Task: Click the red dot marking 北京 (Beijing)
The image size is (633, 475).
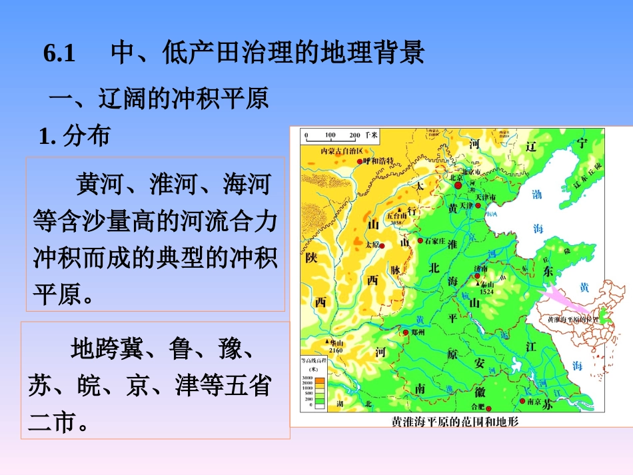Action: pyautogui.click(x=458, y=186)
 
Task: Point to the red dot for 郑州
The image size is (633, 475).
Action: pyautogui.click(x=404, y=331)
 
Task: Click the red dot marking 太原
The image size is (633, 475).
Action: pyautogui.click(x=382, y=244)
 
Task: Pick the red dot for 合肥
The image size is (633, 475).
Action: pyautogui.click(x=488, y=408)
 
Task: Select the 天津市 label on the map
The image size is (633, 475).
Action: pyautogui.click(x=486, y=198)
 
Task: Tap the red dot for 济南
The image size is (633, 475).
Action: pyautogui.click(x=477, y=274)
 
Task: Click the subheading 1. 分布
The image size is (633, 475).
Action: pyautogui.click(x=74, y=137)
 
